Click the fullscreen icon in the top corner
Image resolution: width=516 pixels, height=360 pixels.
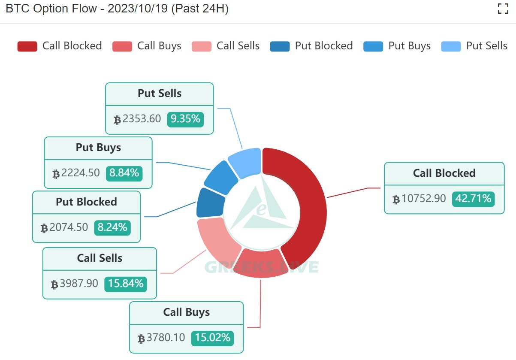coord(503,9)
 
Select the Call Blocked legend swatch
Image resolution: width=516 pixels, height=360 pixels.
coord(27,46)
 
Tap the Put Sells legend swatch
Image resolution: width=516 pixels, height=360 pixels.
coord(451,46)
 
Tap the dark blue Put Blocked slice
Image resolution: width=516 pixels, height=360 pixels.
coord(209,203)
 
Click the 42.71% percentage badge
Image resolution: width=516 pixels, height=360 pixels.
coord(473,199)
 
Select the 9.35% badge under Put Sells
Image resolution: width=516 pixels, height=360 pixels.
coord(185,119)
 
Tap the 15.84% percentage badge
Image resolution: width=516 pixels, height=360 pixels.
coord(126,284)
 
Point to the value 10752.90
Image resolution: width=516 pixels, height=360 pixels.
coord(423,199)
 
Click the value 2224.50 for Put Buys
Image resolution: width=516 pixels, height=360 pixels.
coord(80,173)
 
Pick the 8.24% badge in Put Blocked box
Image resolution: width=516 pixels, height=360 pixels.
coord(112,227)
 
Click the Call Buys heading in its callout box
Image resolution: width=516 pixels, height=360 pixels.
coord(187,312)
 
